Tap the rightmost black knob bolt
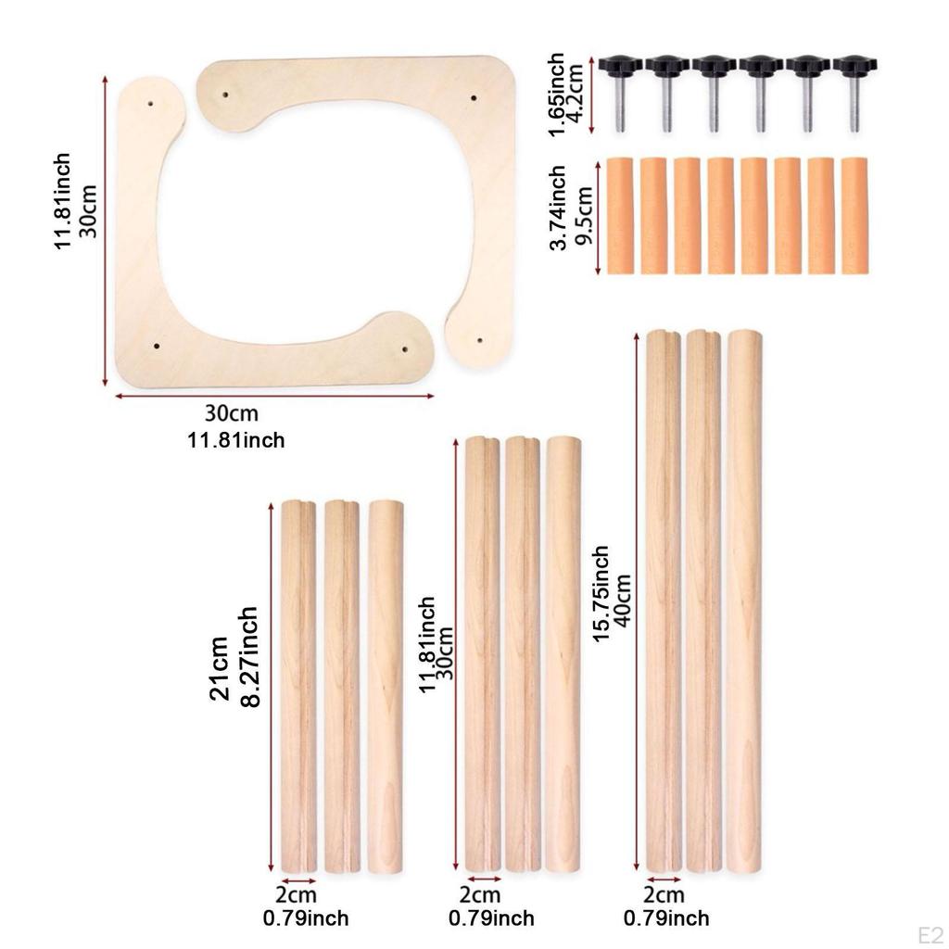tap(854, 93)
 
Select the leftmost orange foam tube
tap(620, 216)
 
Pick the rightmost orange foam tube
tap(854, 216)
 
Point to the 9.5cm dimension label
tap(584, 215)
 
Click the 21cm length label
tap(219, 668)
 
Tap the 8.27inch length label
tap(249, 657)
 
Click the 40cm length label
tap(623, 601)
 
